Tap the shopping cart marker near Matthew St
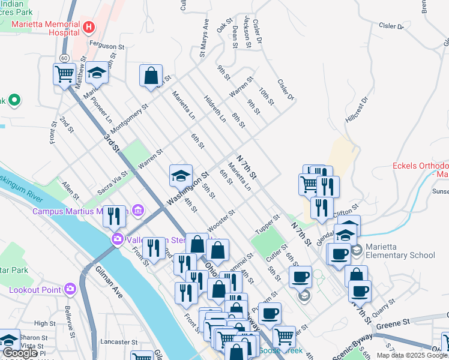point(64,75)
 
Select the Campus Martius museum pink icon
point(139,211)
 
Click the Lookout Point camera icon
point(70,289)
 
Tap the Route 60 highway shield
point(64,58)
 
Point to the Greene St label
point(393,323)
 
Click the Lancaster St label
point(116,342)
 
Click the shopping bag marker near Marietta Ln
point(151,76)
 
